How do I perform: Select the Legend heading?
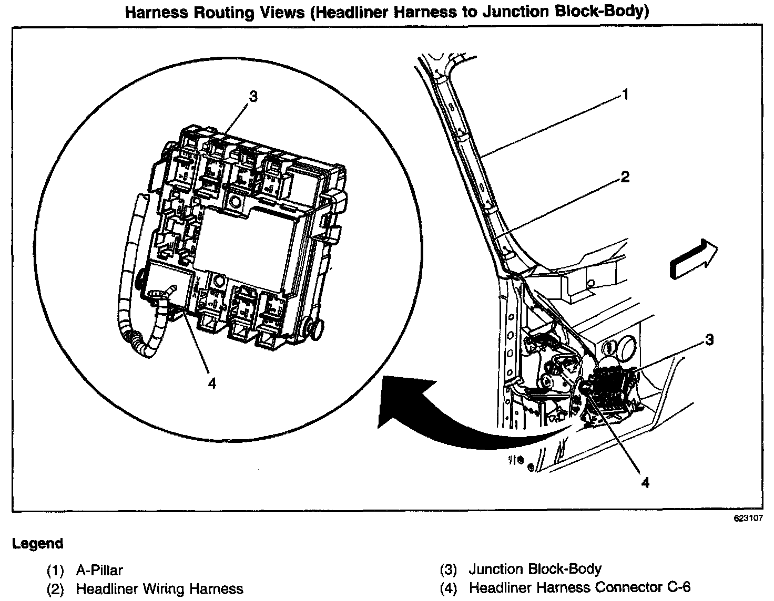coord(38,543)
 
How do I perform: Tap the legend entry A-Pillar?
coord(99,570)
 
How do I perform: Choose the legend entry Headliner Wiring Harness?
coord(159,589)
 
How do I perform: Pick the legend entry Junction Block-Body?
coord(535,569)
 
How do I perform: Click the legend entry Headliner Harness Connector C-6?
coord(579,587)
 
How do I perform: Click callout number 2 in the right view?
coord(625,177)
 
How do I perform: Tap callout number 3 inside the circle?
coord(253,97)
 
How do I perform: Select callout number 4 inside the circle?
coord(212,384)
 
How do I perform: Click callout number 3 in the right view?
coord(709,340)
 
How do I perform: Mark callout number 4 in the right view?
coord(645,482)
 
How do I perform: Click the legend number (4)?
coord(448,588)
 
